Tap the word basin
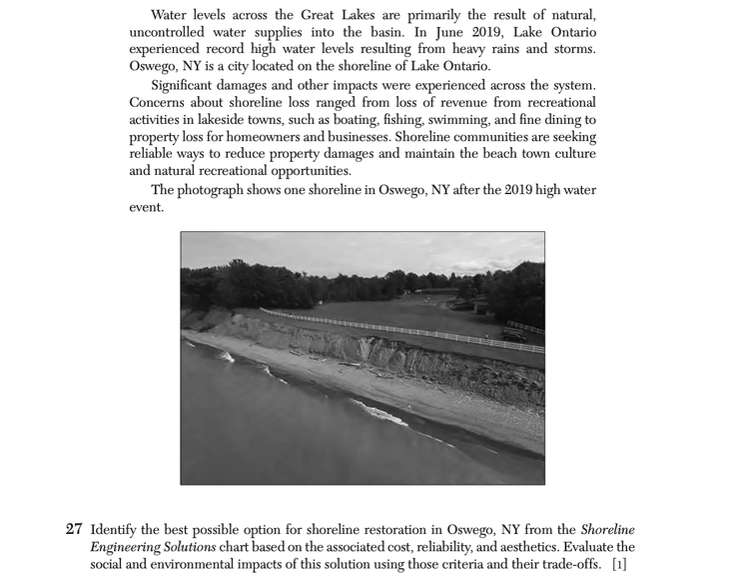[388, 32]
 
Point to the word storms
[572, 49]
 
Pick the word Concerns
[159, 102]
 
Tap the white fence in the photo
[399, 328]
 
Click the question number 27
[74, 529]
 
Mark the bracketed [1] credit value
[619, 565]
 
